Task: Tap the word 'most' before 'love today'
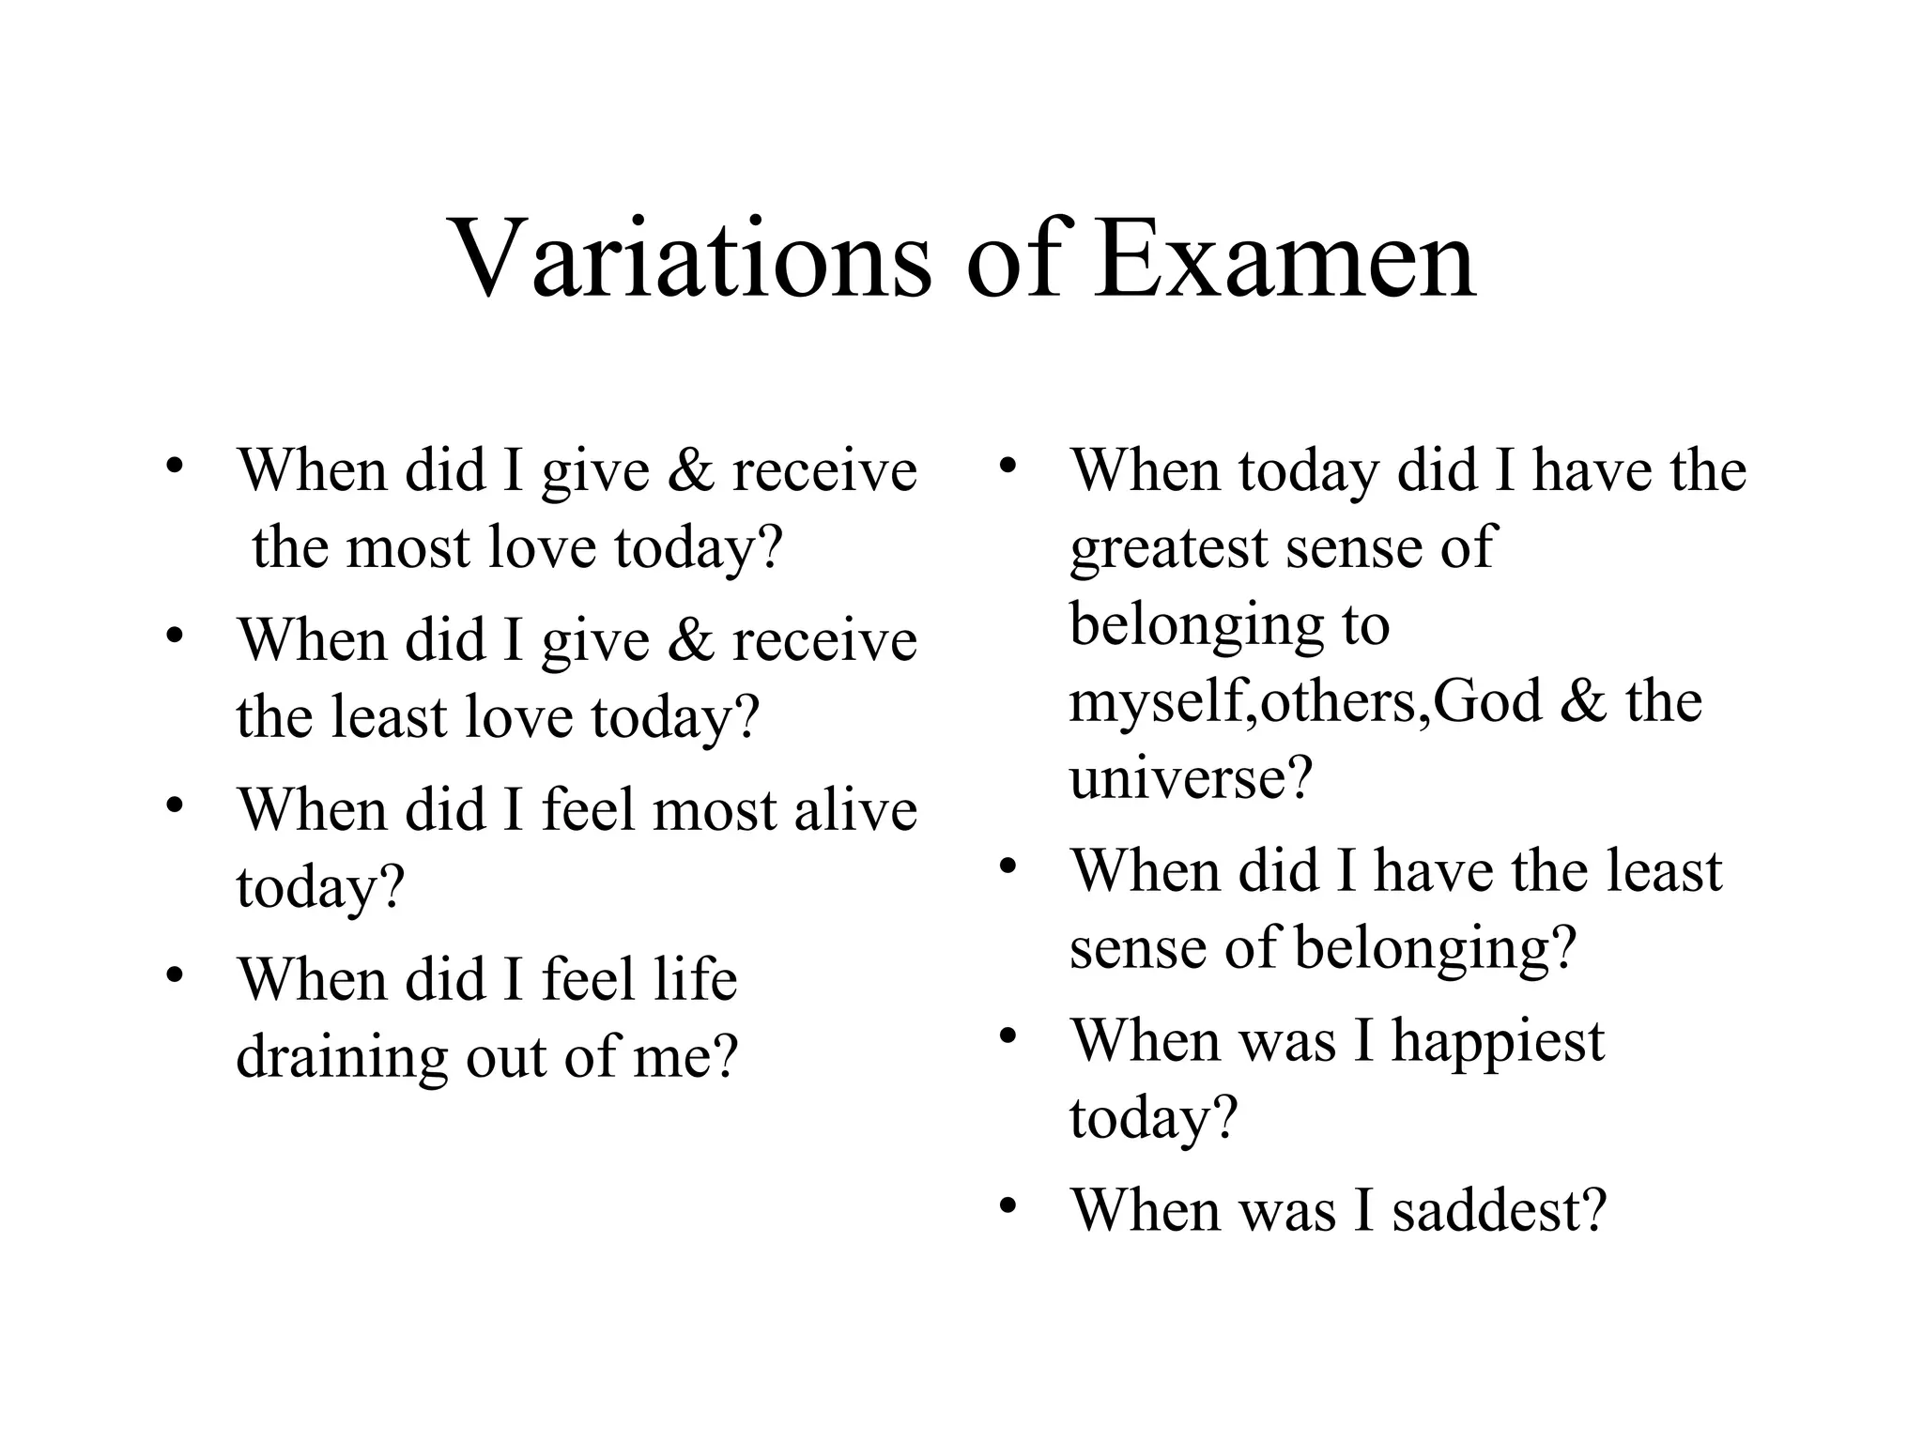coord(408,547)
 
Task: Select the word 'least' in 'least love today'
coord(389,716)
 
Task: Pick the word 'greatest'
coord(1168,548)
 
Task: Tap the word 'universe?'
coord(1190,778)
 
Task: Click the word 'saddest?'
coord(1500,1209)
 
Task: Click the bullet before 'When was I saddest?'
coord(1008,1205)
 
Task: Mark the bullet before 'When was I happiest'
coord(1008,1036)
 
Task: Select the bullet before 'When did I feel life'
coord(175,975)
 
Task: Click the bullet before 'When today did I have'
coord(1008,466)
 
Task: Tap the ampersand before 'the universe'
coord(1584,701)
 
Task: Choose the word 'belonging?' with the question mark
coord(1435,949)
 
